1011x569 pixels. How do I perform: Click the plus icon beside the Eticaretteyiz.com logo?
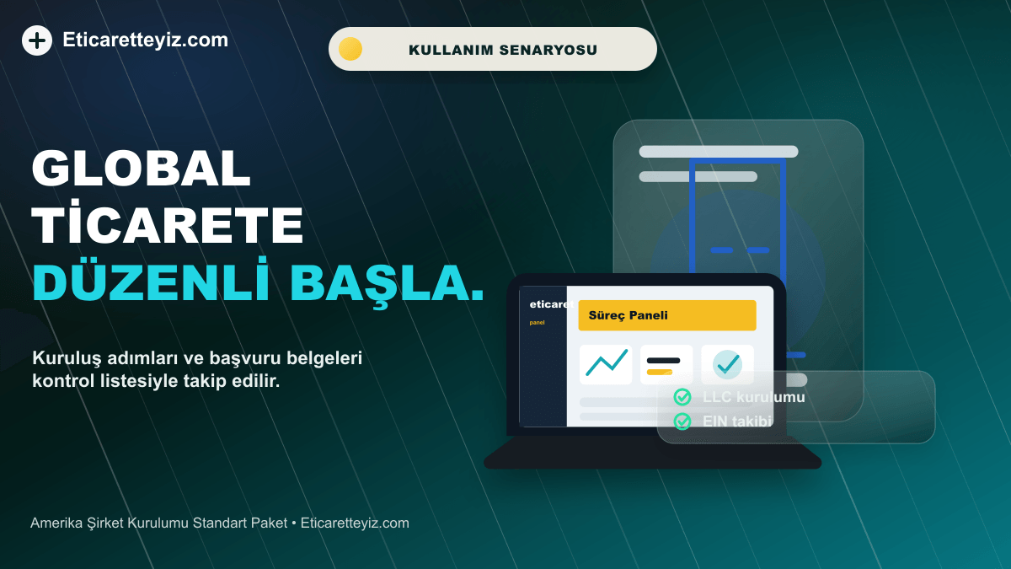(x=37, y=40)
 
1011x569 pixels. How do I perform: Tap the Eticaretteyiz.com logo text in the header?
(x=145, y=40)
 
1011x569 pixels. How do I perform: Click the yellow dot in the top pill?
(x=350, y=49)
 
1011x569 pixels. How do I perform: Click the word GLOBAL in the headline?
(x=141, y=168)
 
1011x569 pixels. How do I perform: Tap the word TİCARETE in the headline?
(x=168, y=223)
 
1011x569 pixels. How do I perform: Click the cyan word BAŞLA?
(x=387, y=283)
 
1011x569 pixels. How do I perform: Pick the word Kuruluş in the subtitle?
(x=67, y=358)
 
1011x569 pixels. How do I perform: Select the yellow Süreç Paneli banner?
(x=667, y=315)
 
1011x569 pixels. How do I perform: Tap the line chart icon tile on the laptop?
(x=606, y=364)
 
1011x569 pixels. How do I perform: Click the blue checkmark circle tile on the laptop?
(x=727, y=364)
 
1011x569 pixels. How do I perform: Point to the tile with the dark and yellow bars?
(x=666, y=364)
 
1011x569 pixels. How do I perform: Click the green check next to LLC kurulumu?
(x=682, y=397)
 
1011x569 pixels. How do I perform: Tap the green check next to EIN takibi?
(x=682, y=421)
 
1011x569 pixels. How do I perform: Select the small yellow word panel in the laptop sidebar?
(x=538, y=322)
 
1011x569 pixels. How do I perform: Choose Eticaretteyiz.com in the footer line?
(x=355, y=523)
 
